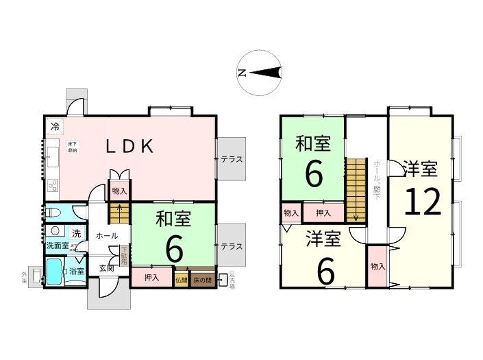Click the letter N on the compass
click(x=241, y=73)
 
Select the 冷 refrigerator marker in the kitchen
click(x=53, y=126)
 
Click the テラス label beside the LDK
click(x=232, y=158)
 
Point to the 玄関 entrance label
click(x=106, y=268)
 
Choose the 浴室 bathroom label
click(x=76, y=272)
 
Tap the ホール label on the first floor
click(x=106, y=235)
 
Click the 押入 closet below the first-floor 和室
click(x=152, y=278)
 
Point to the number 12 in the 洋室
click(x=423, y=201)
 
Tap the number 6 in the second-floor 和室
click(x=313, y=174)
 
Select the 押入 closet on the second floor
click(x=323, y=213)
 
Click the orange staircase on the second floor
click(x=356, y=190)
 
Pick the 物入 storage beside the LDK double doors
click(x=119, y=191)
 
